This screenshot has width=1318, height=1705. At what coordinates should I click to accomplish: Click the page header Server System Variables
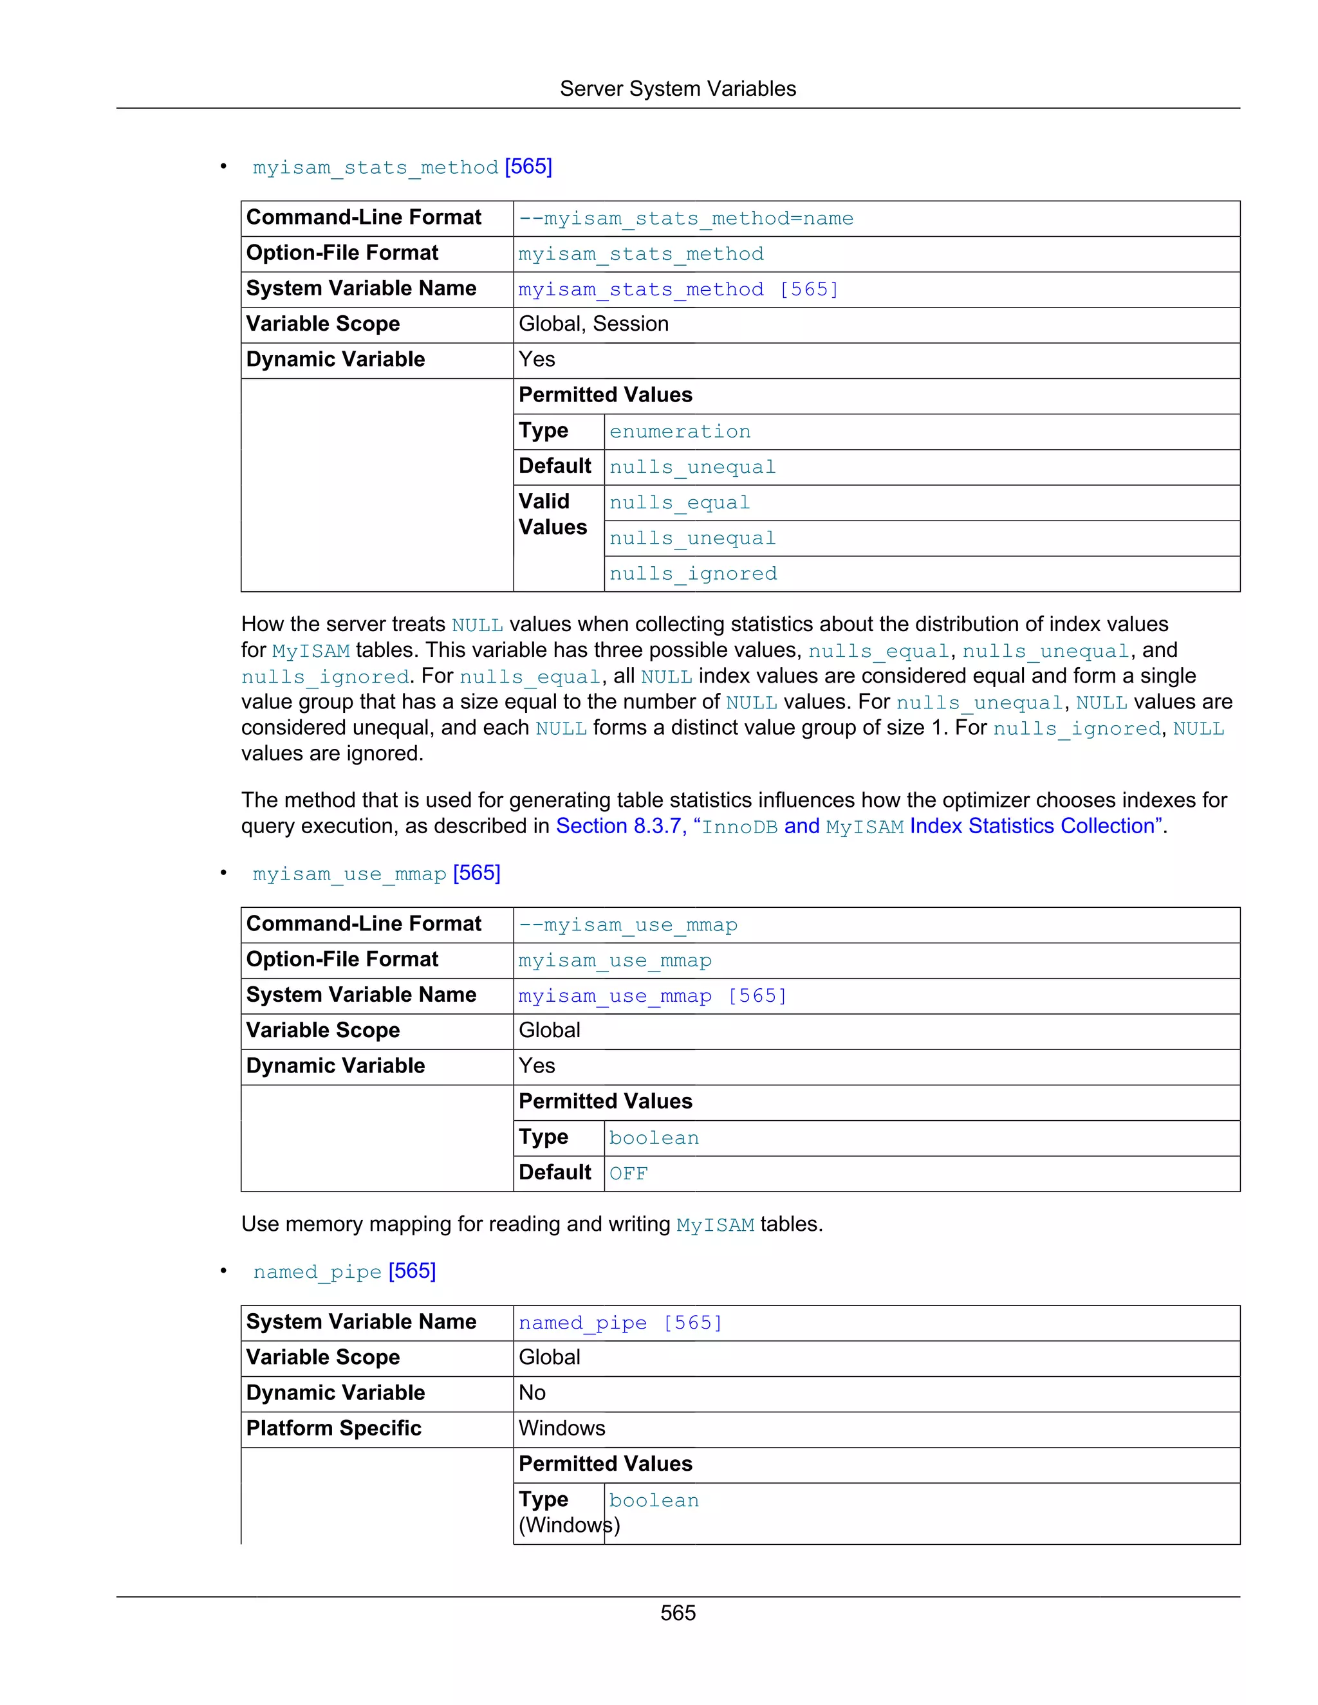tap(677, 89)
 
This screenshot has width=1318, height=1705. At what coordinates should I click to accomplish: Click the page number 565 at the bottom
tap(677, 1613)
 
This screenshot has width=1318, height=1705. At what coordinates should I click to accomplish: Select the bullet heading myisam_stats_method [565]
tap(402, 167)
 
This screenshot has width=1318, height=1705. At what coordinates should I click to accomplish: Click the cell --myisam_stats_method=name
tap(685, 219)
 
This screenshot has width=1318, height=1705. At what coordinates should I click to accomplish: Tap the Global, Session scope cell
tap(593, 324)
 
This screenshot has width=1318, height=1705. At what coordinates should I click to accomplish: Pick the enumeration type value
tap(680, 432)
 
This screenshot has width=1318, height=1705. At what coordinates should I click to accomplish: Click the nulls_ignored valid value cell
tap(692, 574)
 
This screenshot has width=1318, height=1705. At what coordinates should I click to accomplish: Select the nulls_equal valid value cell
tap(680, 502)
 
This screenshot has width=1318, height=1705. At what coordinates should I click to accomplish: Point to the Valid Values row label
tap(552, 515)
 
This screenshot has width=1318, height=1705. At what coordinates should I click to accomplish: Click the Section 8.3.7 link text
tap(618, 826)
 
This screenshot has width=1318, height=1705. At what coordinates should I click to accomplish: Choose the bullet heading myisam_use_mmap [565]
tap(376, 874)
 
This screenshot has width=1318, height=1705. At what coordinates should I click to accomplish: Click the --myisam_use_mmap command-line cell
tap(627, 925)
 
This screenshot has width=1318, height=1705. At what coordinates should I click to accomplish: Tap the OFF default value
tap(629, 1174)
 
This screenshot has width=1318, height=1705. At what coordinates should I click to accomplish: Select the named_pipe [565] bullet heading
tap(344, 1272)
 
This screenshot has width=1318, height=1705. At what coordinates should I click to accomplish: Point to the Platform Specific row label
tap(333, 1428)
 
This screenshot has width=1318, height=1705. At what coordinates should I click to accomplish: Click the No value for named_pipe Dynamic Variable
tap(532, 1393)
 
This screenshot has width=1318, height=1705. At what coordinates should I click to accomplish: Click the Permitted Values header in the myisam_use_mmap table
tap(605, 1101)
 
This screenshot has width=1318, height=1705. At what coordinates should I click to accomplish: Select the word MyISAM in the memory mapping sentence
tap(714, 1225)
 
